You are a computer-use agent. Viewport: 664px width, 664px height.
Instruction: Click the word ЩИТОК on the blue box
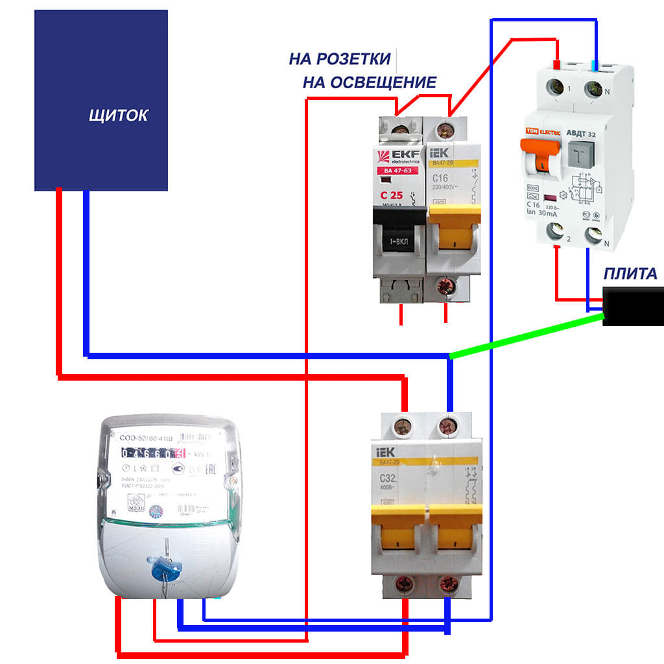click(x=118, y=116)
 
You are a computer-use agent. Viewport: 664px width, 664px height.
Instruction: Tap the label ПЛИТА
click(x=630, y=274)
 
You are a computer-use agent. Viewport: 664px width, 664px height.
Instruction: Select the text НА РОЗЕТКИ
click(x=340, y=60)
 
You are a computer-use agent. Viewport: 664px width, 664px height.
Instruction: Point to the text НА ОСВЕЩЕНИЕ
click(x=369, y=82)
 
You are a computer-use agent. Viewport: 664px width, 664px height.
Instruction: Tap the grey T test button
click(x=582, y=154)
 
